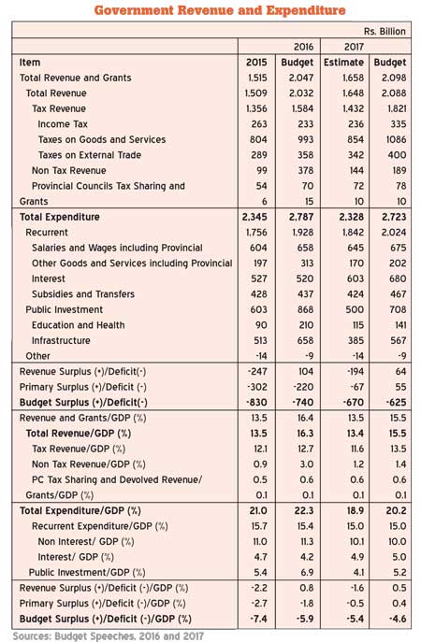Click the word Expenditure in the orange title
(x=306, y=10)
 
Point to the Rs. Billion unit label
(x=385, y=32)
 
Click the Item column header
(x=30, y=63)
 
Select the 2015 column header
(x=256, y=63)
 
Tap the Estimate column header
(x=343, y=63)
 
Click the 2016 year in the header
(x=303, y=47)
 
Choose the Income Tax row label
(x=63, y=124)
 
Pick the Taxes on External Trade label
(x=90, y=155)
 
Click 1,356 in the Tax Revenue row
(x=256, y=108)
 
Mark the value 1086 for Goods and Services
(x=396, y=139)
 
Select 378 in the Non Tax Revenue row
(x=305, y=171)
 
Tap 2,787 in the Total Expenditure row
(x=301, y=217)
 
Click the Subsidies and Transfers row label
(x=83, y=294)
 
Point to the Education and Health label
(x=78, y=325)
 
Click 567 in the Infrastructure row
(x=399, y=341)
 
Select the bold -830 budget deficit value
(x=256, y=403)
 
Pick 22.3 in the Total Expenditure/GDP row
(x=305, y=510)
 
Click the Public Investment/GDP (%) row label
(x=87, y=573)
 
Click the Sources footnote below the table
(x=109, y=635)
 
